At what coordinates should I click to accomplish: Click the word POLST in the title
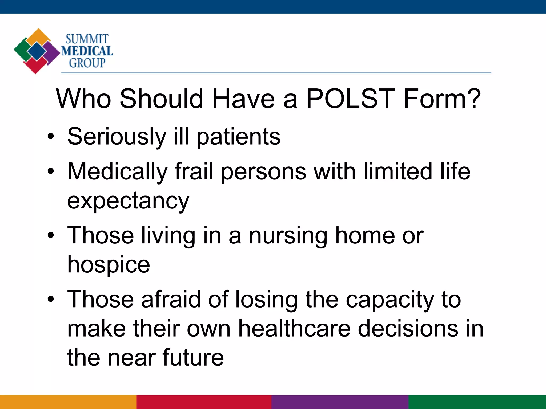[x=350, y=99]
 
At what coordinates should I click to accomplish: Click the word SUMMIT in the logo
[x=87, y=39]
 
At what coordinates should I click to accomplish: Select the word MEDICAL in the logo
[x=87, y=51]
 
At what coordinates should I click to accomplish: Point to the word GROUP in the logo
[x=87, y=63]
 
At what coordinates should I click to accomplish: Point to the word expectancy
[x=128, y=201]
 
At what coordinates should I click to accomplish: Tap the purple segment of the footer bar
[x=340, y=402]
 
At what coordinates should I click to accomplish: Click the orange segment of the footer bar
[x=68, y=402]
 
